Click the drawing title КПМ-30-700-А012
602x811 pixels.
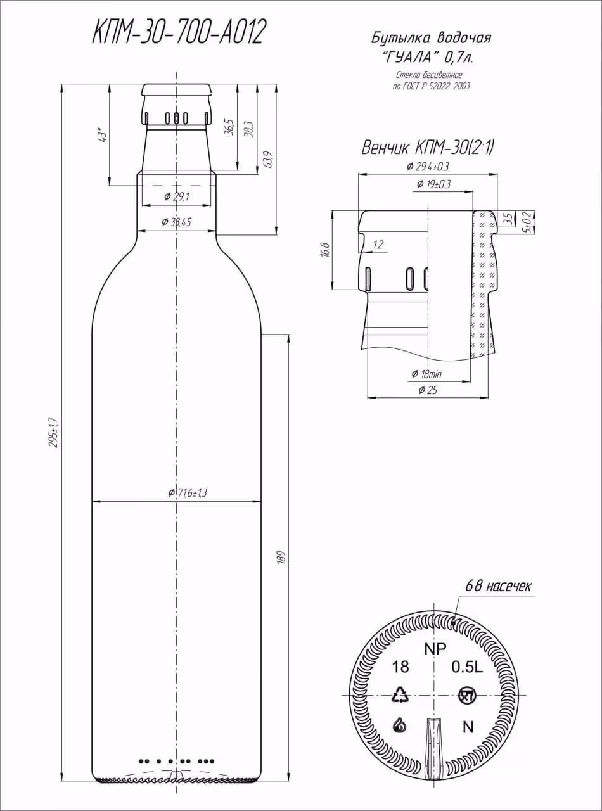pyautogui.click(x=177, y=32)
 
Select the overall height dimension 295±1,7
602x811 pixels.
pyautogui.click(x=56, y=433)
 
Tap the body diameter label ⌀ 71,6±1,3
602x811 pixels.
pyautogui.click(x=188, y=493)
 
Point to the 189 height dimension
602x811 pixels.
pyautogui.click(x=281, y=558)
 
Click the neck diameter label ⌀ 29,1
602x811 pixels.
pyautogui.click(x=177, y=196)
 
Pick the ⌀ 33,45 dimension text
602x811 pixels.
pyautogui.click(x=176, y=222)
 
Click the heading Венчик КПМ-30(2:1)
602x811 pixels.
pyautogui.click(x=428, y=148)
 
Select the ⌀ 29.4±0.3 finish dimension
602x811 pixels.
pyautogui.click(x=428, y=167)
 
